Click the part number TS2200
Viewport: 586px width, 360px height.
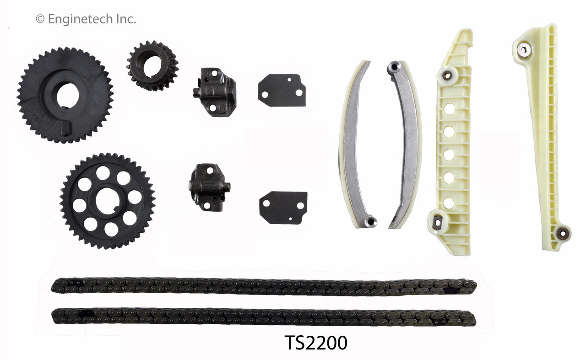(316, 343)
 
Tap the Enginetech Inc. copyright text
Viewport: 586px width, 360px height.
(86, 19)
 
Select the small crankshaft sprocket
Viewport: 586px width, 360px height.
(152, 65)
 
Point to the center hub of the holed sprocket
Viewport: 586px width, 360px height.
(107, 201)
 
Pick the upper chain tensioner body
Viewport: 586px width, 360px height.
(214, 91)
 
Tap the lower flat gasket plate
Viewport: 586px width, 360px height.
(283, 208)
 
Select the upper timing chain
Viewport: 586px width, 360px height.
(263, 286)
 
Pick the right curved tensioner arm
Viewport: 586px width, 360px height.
(405, 144)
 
